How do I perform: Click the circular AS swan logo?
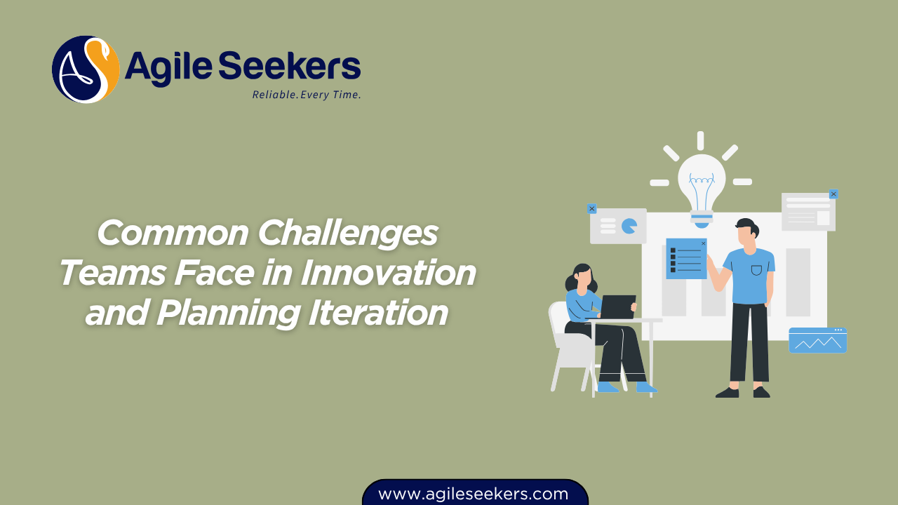point(86,69)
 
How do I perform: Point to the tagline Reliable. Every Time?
point(307,95)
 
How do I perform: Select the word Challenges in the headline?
point(348,234)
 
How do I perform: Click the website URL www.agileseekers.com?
point(474,494)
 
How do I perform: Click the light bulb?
point(702,184)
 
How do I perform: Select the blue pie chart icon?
point(629,226)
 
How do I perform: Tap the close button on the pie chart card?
point(591,208)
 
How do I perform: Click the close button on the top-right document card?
point(833,194)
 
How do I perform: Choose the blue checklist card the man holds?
point(686,259)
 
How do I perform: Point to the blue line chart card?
point(817,341)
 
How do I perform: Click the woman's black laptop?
point(617,307)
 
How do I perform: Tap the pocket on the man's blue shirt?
point(756,270)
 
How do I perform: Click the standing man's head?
point(746,235)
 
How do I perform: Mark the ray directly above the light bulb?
point(700,140)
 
